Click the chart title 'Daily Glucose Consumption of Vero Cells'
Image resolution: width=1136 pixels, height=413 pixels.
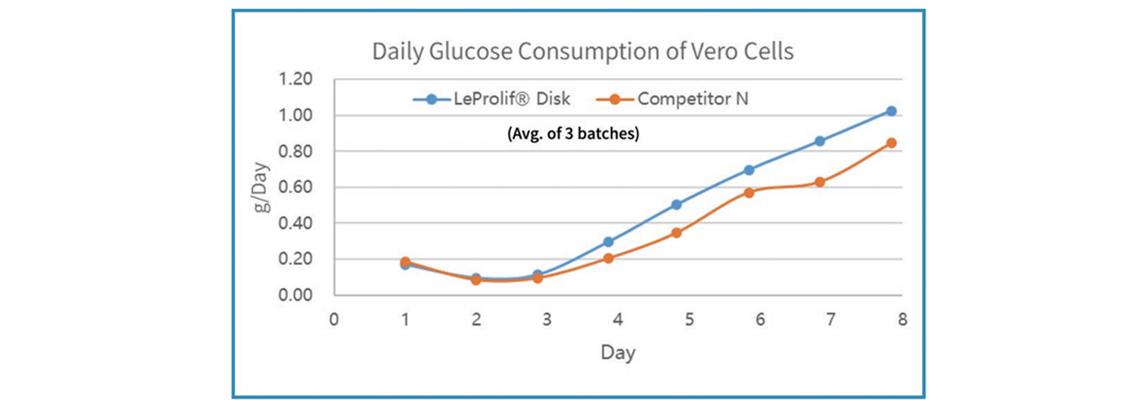pos(582,52)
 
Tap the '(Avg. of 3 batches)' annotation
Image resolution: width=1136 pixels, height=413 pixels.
pos(572,136)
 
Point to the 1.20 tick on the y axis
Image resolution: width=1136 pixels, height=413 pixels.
pos(296,79)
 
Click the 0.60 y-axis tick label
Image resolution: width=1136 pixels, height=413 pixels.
pos(296,187)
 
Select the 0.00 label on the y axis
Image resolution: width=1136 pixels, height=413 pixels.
pos(296,295)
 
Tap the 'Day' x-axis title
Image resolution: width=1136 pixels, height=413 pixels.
pos(618,353)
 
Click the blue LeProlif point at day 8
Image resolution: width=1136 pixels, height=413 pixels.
pos(891,111)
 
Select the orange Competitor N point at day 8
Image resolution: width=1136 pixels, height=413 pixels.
pos(891,142)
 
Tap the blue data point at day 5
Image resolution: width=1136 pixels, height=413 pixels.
pos(676,204)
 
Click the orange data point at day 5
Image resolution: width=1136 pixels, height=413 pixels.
pos(676,233)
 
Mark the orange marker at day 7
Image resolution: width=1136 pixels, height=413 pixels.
pos(820,182)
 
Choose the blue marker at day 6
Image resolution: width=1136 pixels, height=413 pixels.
pos(749,170)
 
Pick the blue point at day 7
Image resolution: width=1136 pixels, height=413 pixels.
pos(820,141)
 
